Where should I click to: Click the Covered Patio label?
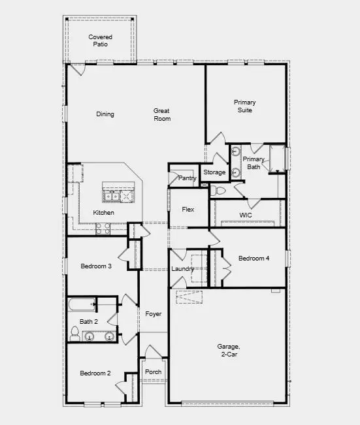click(100, 41)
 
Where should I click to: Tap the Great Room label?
click(162, 115)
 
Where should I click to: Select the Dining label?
click(105, 114)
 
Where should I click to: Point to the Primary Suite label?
click(245, 106)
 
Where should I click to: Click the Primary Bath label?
click(254, 163)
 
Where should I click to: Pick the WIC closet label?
click(246, 215)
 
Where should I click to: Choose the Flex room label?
click(188, 210)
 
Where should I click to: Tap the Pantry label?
click(188, 178)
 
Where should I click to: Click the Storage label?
click(214, 172)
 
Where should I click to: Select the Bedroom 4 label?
click(254, 259)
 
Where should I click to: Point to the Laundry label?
click(183, 269)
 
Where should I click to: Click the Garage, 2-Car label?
click(229, 350)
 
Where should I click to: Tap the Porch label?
click(153, 372)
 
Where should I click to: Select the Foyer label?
click(153, 314)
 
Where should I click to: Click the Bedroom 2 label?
click(95, 373)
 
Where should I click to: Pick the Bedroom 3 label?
click(96, 266)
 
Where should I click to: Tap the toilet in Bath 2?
click(74, 335)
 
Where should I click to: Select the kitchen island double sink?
click(118, 195)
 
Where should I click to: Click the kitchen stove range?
click(103, 228)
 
